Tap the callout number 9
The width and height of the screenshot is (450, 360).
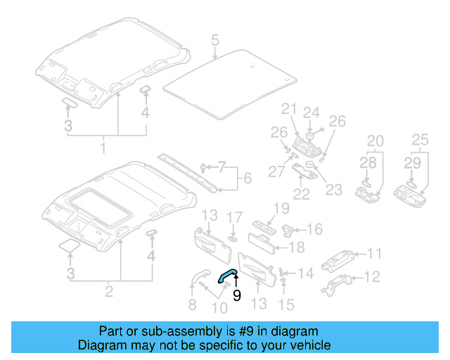coord(237,296)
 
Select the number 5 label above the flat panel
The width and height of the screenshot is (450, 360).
coord(215,41)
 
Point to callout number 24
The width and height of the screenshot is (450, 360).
coord(311,112)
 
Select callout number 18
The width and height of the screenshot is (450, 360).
coord(297,247)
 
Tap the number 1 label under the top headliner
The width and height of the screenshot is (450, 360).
coord(103,148)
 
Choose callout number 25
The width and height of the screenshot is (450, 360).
coord(420,140)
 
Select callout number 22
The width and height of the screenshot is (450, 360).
coord(302,194)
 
